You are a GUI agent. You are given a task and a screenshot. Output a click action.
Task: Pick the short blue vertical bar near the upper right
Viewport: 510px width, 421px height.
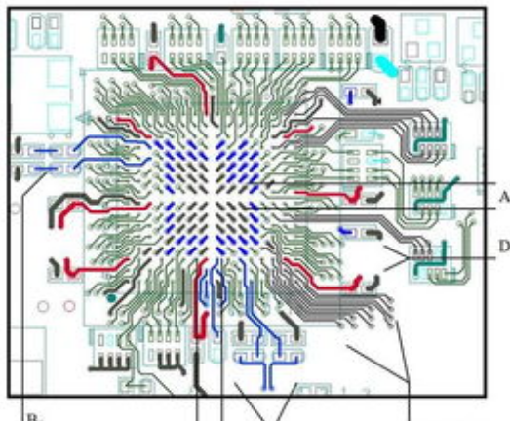click(x=349, y=96)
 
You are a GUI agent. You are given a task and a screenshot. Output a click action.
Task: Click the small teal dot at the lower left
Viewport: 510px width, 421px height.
click(x=114, y=296)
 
